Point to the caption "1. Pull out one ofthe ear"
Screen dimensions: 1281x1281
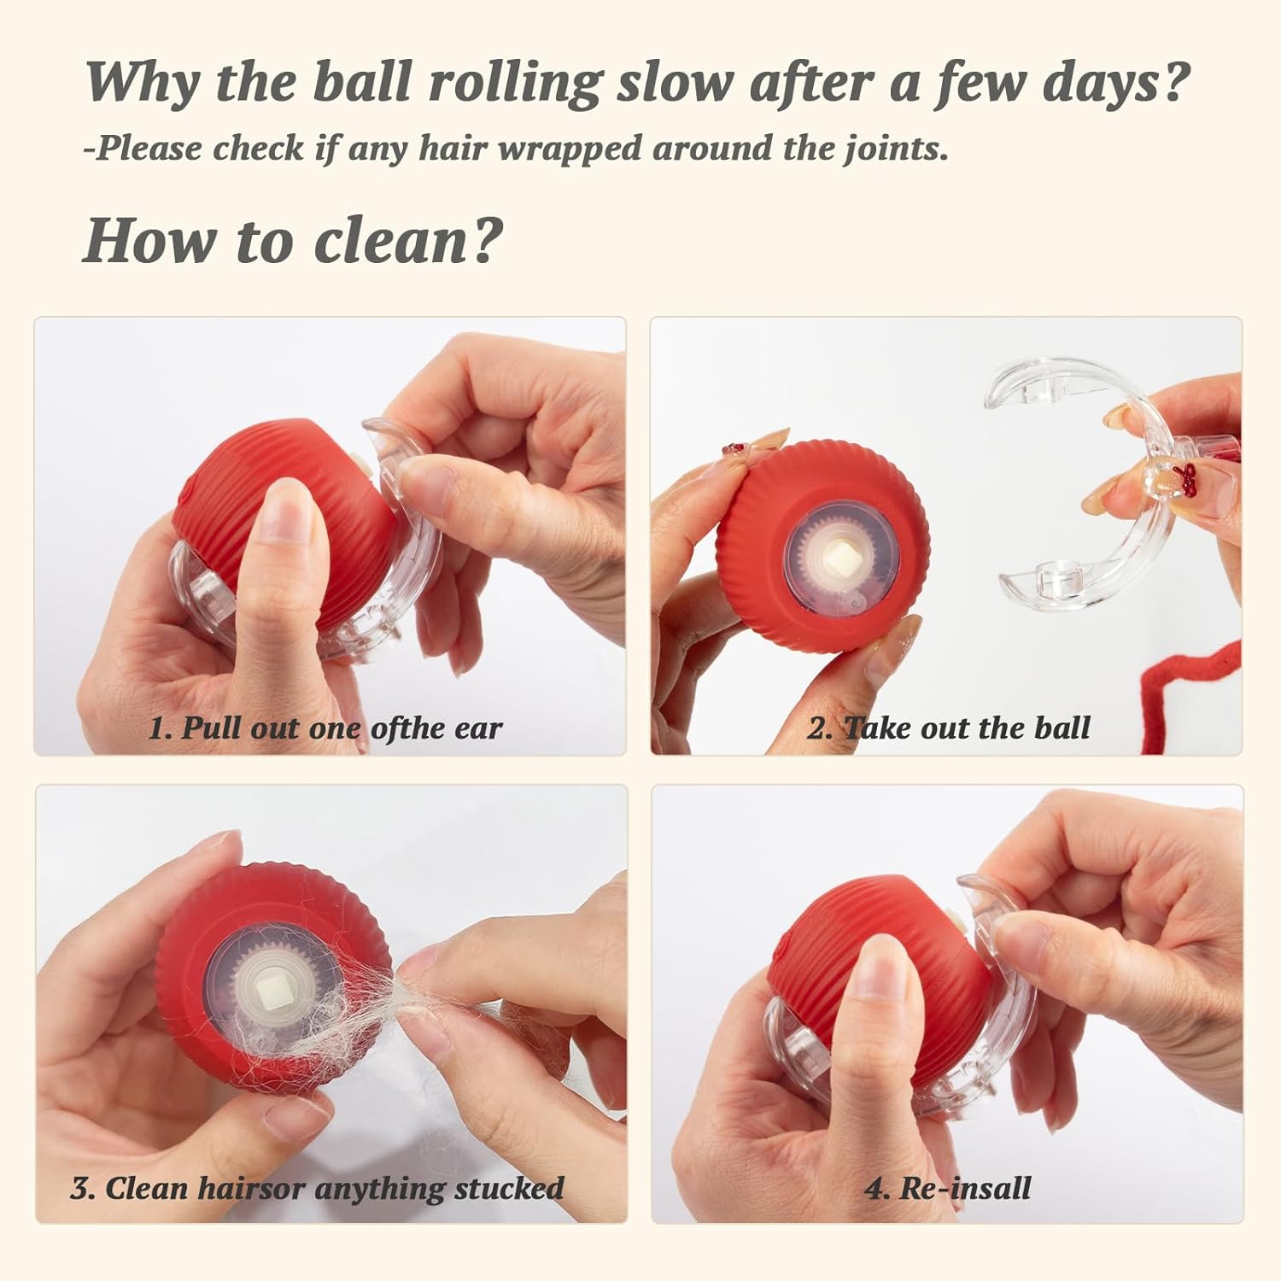(x=325, y=728)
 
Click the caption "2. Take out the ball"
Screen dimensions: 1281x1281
(x=949, y=728)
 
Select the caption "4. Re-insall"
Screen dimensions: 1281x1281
(x=948, y=1188)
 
